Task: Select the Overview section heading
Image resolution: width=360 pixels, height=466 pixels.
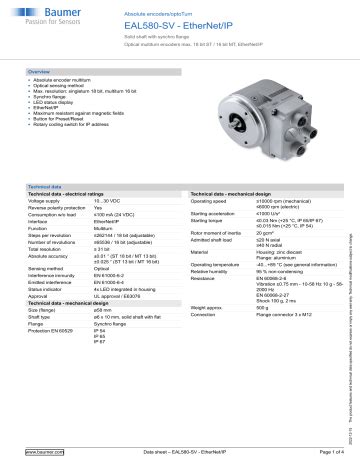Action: coord(39,74)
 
